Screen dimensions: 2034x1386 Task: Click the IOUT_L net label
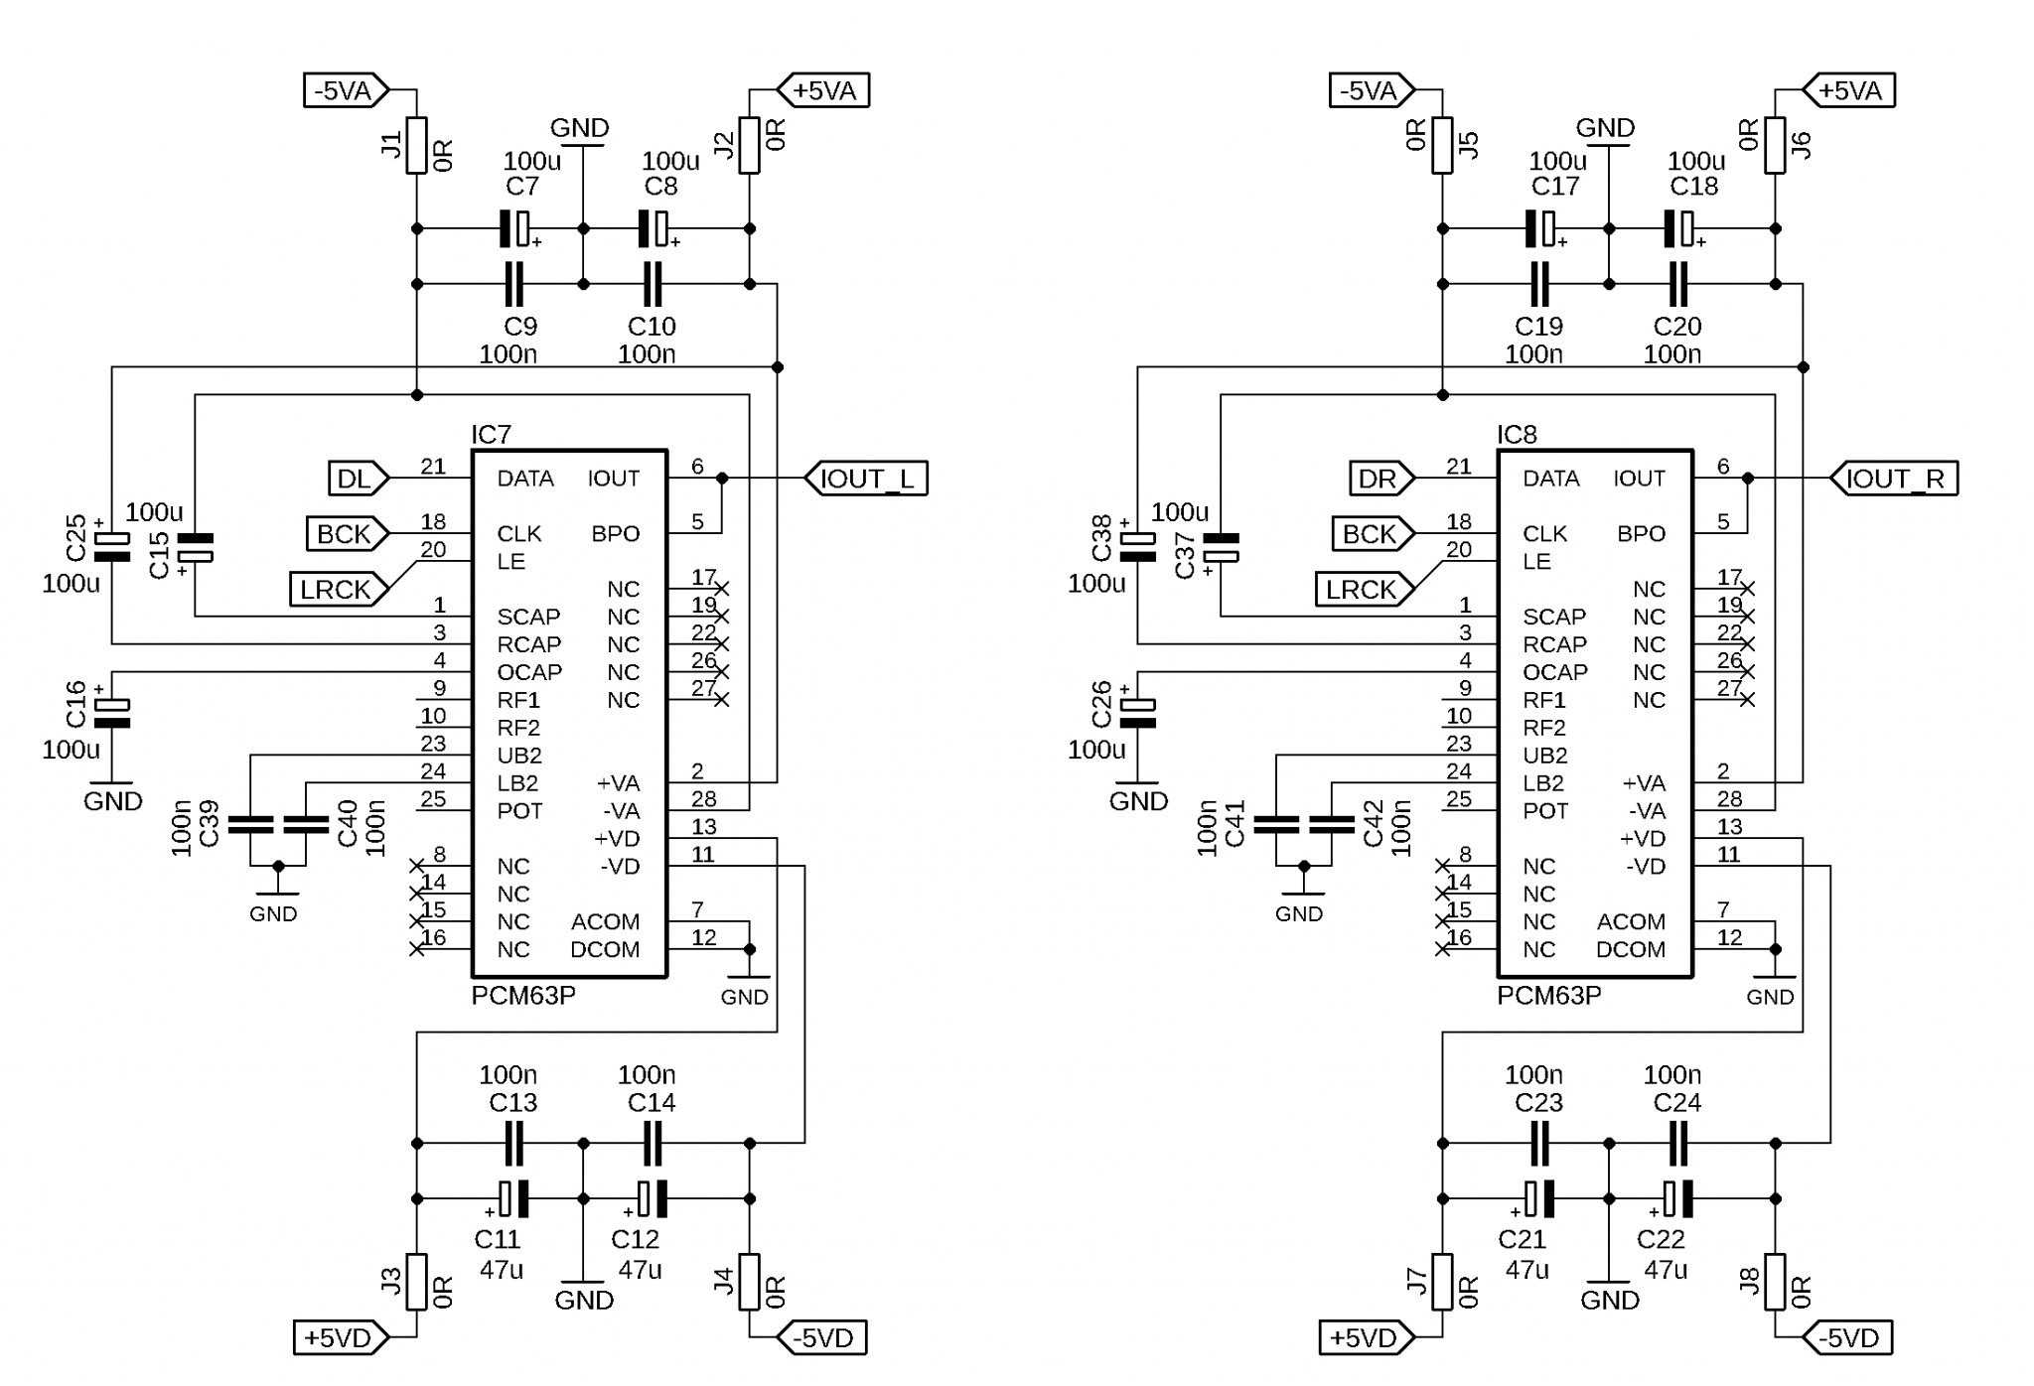866,479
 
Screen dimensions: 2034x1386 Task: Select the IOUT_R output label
1893,479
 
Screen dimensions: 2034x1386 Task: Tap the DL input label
359,479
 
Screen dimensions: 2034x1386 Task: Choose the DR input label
1381,479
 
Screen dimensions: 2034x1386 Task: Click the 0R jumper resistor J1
416,145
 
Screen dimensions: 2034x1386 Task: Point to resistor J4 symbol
749,1282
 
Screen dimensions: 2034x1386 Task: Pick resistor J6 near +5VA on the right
1775,145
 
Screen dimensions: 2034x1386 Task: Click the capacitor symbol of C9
513,284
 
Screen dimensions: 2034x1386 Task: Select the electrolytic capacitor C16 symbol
111,713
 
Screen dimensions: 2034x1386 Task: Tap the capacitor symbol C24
1677,1144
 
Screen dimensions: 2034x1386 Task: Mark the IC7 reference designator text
491,435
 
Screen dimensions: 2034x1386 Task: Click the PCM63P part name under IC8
1548,996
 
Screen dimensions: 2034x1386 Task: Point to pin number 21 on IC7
433,467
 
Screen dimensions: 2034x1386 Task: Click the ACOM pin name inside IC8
1631,922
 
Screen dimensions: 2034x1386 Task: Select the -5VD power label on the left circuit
820,1338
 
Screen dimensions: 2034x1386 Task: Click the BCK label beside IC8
1373,534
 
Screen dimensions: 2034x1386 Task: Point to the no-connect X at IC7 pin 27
722,700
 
